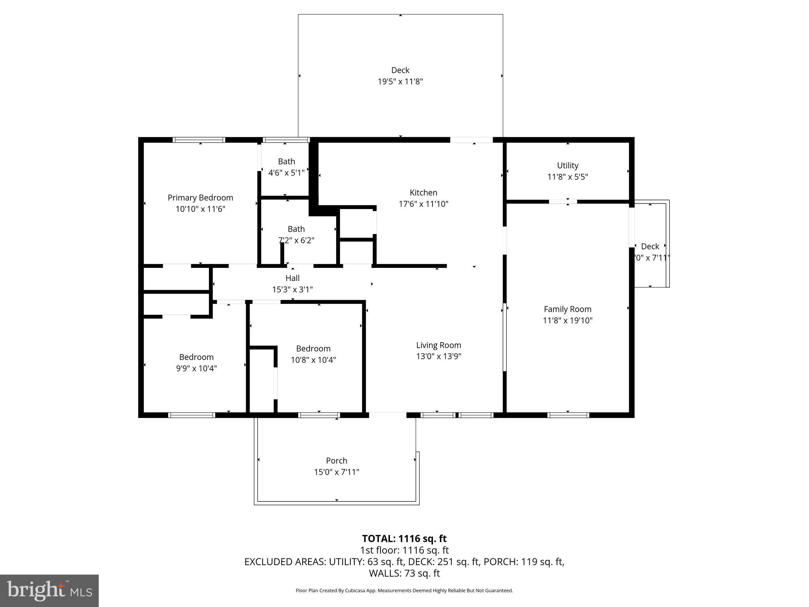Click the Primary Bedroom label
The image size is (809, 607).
tap(200, 198)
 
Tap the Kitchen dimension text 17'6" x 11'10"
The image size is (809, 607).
tap(423, 204)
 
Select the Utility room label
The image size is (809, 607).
tap(568, 166)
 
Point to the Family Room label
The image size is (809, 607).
tap(568, 309)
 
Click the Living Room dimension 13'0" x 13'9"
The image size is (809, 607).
tap(438, 356)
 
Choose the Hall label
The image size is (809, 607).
tap(292, 278)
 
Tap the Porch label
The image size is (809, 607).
tap(337, 460)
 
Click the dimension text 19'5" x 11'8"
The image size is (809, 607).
tap(400, 82)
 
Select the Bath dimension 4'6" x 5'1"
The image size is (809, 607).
tap(286, 173)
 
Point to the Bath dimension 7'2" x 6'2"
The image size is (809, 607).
tap(296, 240)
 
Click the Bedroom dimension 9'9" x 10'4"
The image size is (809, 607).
tap(196, 368)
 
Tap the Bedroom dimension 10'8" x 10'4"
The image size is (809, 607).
tap(313, 360)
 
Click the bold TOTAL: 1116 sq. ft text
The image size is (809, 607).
tap(404, 539)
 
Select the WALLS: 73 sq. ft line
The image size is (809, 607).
tap(404, 573)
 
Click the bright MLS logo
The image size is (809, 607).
tap(49, 591)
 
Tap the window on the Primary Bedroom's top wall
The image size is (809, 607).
tap(199, 140)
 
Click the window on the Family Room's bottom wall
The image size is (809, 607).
tap(568, 415)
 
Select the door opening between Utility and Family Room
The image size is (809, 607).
tap(563, 202)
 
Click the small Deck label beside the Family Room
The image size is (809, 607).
tap(650, 247)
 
